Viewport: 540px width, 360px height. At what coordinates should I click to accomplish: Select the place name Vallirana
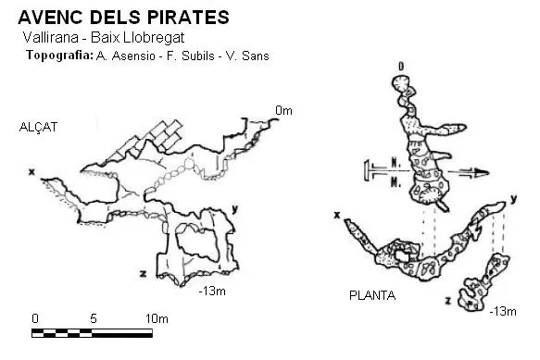click(x=51, y=38)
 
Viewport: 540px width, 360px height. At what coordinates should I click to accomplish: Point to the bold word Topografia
click(x=59, y=56)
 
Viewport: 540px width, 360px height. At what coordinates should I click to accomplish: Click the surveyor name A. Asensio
click(x=125, y=56)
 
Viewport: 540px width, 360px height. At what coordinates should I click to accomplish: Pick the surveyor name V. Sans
click(x=247, y=56)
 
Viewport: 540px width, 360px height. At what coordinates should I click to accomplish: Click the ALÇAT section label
click(x=38, y=128)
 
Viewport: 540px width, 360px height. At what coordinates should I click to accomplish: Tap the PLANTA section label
click(x=372, y=295)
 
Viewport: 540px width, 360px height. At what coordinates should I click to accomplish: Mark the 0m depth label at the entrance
click(x=283, y=111)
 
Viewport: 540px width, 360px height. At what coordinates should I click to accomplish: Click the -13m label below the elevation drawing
click(x=212, y=292)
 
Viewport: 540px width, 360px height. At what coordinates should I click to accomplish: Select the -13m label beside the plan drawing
click(x=503, y=312)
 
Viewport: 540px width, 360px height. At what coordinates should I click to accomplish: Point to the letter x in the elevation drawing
click(x=31, y=171)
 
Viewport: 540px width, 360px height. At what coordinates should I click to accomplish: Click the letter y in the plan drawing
click(x=513, y=199)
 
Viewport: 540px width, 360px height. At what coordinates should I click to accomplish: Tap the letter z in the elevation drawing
click(x=143, y=274)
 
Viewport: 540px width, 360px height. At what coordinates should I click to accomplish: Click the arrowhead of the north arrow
click(x=482, y=172)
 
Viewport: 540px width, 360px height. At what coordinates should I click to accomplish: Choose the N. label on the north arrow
click(x=396, y=163)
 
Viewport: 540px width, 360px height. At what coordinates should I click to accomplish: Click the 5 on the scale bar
click(x=94, y=318)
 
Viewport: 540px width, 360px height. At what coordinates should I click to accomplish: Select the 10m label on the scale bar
click(x=157, y=318)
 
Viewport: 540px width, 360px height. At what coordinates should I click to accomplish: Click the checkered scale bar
click(x=92, y=333)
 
